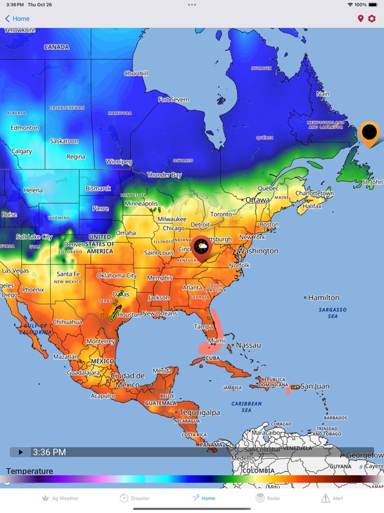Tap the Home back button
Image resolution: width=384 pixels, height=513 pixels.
[x=17, y=19]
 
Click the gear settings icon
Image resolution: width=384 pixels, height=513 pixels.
[x=371, y=19]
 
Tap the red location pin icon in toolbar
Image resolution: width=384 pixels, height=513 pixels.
[x=360, y=19]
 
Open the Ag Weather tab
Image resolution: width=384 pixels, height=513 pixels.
[x=60, y=498]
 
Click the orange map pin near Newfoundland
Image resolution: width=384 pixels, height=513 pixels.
[x=370, y=132]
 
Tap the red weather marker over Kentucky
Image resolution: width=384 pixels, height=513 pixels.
[x=201, y=247]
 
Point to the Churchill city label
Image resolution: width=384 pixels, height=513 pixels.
[x=136, y=74]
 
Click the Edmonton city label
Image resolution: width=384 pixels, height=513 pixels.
[x=24, y=128]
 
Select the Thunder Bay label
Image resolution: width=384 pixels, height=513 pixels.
[x=164, y=175]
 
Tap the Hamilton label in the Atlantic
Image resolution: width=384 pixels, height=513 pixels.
[x=323, y=298]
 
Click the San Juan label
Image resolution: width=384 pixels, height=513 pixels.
[x=314, y=386]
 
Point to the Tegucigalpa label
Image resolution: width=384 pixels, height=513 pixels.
[x=199, y=413]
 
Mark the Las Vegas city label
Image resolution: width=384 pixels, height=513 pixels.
[x=15, y=271]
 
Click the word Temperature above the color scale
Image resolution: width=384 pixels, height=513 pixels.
[x=29, y=471]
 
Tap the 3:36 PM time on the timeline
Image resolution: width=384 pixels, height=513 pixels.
[x=49, y=453]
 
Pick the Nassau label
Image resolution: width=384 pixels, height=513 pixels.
[x=248, y=346]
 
